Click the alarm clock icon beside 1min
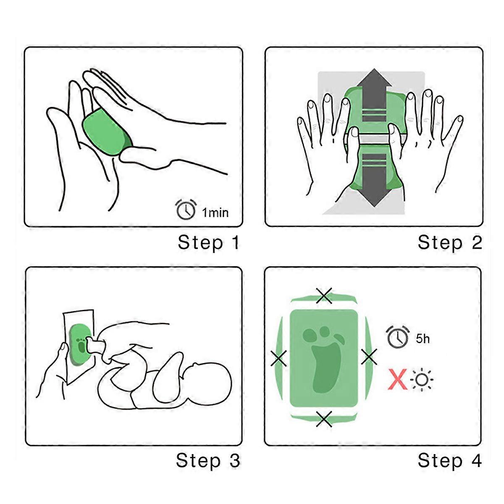(186, 209)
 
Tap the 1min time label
(215, 213)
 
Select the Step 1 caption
(208, 242)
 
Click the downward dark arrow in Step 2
(374, 180)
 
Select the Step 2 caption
(450, 242)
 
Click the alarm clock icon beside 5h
(397, 337)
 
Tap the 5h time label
(423, 339)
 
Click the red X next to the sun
(398, 379)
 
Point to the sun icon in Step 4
(421, 380)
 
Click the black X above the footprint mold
(324, 296)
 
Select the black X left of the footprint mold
(278, 358)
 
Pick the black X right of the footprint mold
(369, 357)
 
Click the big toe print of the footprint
(310, 335)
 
